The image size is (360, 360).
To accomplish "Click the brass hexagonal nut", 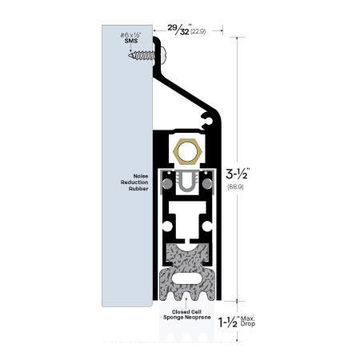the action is pyautogui.click(x=187, y=150).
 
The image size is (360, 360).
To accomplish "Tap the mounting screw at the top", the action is pyautogui.click(x=145, y=55).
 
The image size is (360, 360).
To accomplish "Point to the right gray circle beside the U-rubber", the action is pyautogui.click(x=210, y=185).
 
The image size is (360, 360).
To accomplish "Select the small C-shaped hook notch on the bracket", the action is pyautogui.click(x=210, y=121).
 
